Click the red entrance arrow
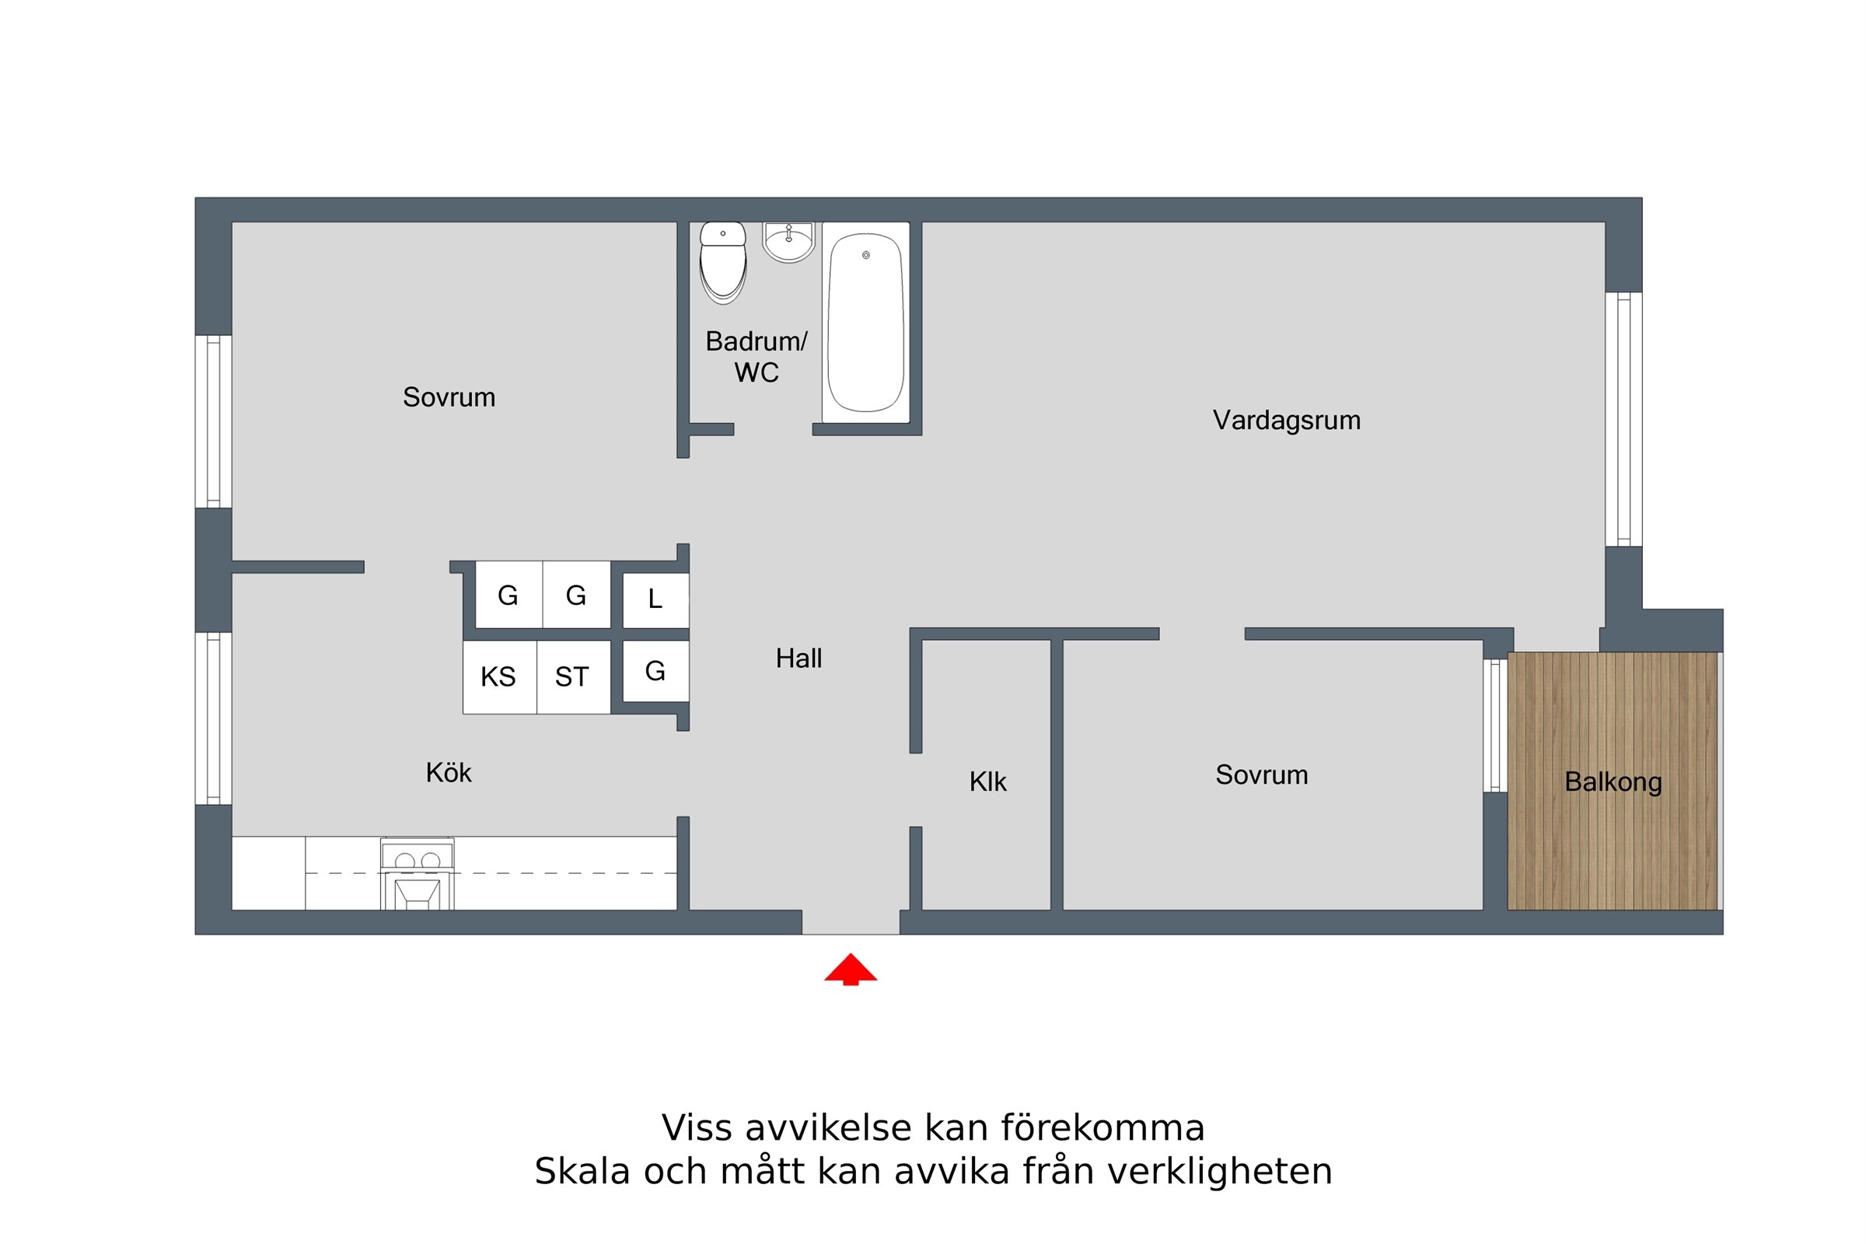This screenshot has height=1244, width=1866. [x=851, y=969]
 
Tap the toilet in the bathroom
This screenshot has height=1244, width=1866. [x=723, y=263]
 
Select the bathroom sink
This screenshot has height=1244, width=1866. [x=788, y=242]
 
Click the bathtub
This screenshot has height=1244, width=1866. [x=865, y=322]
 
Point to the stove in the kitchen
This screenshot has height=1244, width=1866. [x=418, y=874]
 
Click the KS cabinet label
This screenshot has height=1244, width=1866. [x=498, y=676]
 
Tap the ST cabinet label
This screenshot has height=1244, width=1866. [x=572, y=676]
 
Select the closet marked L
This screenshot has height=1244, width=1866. [x=655, y=599]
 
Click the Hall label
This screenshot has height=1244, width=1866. [x=799, y=659]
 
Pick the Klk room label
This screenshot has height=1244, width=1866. [x=987, y=782]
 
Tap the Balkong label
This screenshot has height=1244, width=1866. [x=1613, y=782]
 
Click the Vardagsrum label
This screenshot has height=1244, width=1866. [x=1286, y=421]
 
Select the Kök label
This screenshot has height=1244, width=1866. [x=449, y=773]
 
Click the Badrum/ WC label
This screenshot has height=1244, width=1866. [x=756, y=357]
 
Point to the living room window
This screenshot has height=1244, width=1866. [x=1623, y=420]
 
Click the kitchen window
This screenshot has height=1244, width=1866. [x=213, y=718]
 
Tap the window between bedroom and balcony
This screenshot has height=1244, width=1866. [x=1495, y=726]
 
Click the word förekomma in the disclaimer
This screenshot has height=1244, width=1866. [x=1102, y=1127]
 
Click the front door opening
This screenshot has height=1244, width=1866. [x=851, y=922]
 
